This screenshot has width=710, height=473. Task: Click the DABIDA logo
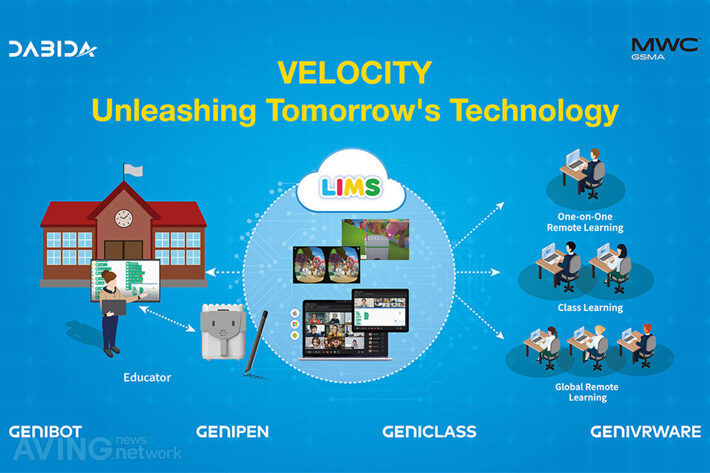point(53,49)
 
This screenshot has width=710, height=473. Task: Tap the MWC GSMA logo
point(665,48)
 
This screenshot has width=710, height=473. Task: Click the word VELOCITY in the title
point(354,73)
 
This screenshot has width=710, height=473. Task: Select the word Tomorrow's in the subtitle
point(353,110)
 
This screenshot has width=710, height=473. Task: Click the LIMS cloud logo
point(351,187)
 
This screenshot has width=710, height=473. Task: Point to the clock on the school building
point(124,218)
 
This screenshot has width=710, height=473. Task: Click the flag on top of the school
point(132,171)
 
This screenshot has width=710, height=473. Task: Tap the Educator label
point(147,378)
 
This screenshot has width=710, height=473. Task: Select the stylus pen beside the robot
point(256,343)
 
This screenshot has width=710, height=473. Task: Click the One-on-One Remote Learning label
point(585,222)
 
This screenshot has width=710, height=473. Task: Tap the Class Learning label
point(590,308)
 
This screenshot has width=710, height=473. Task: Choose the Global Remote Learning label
point(586,392)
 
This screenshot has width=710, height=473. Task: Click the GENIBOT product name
point(45,432)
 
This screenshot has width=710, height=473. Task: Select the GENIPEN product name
point(232,432)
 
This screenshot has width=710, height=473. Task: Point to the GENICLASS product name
point(429,432)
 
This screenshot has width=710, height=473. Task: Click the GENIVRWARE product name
point(646,432)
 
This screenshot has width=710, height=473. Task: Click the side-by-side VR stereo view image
point(326,264)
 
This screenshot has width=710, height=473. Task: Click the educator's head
point(108,276)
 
